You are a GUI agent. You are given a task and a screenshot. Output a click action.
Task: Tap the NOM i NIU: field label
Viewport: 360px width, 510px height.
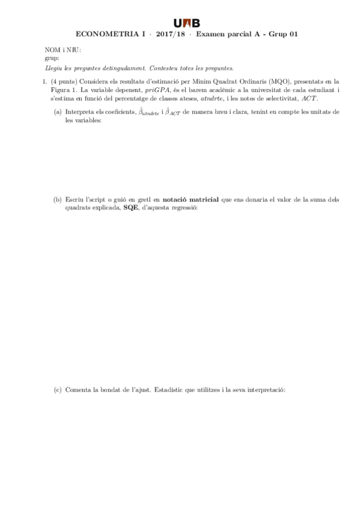(63, 51)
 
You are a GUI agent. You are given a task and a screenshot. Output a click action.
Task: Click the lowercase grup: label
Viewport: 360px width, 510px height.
(52, 58)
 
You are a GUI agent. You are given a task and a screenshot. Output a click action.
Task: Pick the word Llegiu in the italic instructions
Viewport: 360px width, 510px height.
(53, 69)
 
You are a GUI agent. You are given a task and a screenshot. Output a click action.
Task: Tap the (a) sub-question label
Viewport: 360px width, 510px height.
(58, 112)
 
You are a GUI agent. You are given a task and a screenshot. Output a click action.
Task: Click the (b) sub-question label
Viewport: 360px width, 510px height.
(58, 199)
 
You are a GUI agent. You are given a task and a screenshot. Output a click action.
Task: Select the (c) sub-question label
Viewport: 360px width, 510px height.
(58, 390)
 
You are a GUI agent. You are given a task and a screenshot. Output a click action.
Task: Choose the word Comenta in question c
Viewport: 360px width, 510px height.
(78, 390)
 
